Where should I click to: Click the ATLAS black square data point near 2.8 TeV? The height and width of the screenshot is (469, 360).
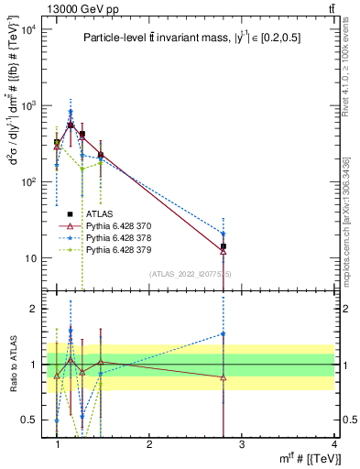click(x=224, y=246)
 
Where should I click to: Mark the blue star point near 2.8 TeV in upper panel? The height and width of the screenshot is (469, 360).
click(x=224, y=234)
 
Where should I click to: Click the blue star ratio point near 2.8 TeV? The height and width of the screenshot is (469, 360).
click(x=224, y=333)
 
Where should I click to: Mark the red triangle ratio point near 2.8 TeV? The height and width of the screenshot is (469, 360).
click(x=224, y=376)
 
